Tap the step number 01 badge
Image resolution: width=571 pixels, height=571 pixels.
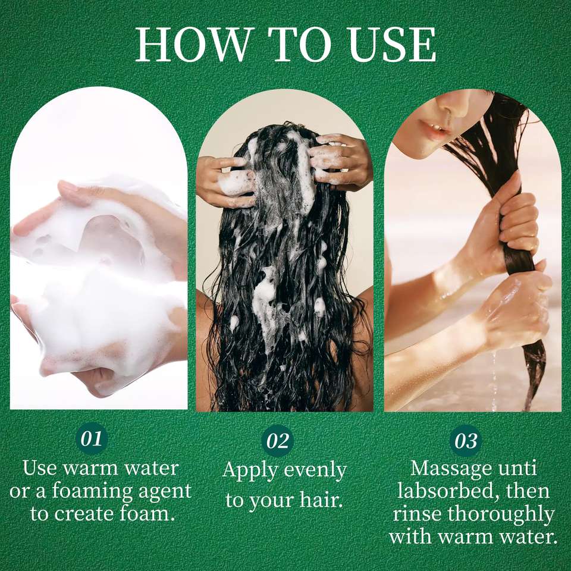pyautogui.click(x=92, y=438)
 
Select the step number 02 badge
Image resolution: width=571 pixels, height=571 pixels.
pyautogui.click(x=278, y=441)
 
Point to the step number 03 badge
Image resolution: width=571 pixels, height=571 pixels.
pyautogui.click(x=466, y=441)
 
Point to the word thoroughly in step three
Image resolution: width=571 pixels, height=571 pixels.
pyautogui.click(x=501, y=514)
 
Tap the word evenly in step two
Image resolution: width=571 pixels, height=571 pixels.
pyautogui.click(x=315, y=470)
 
